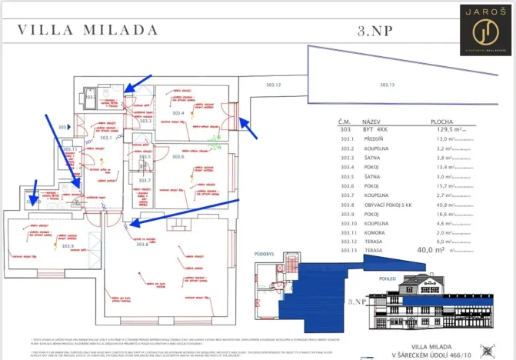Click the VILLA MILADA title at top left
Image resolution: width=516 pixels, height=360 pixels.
click(88, 30)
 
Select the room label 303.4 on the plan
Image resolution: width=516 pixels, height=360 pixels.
click(178, 113)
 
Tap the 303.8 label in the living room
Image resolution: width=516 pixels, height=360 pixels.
click(141, 245)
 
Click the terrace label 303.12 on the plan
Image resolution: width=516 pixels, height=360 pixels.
click(273, 85)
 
